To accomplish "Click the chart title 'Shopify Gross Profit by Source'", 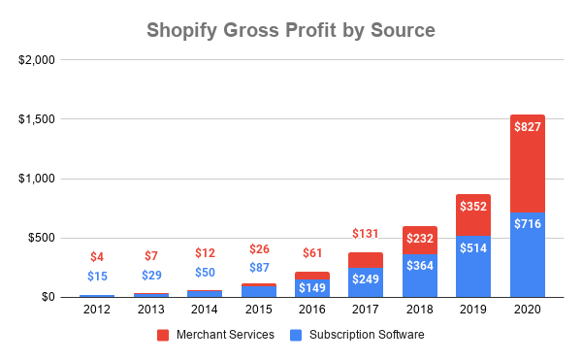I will pyautogui.click(x=291, y=30).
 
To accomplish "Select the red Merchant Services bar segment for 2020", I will pyautogui.click(x=528, y=163).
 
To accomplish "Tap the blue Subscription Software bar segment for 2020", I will pyautogui.click(x=528, y=254).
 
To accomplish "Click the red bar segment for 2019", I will pyautogui.click(x=473, y=214).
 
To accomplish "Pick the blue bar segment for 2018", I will pyautogui.click(x=420, y=275).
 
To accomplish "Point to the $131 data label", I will pyautogui.click(x=366, y=233).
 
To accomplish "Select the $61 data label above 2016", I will pyautogui.click(x=311, y=252).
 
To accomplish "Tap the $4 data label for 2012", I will pyautogui.click(x=96, y=257).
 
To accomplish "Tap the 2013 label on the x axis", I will pyautogui.click(x=150, y=310).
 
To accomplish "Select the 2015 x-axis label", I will pyautogui.click(x=258, y=310).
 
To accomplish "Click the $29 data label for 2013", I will pyautogui.click(x=150, y=276).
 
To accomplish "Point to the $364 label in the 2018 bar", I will pyautogui.click(x=420, y=267).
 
